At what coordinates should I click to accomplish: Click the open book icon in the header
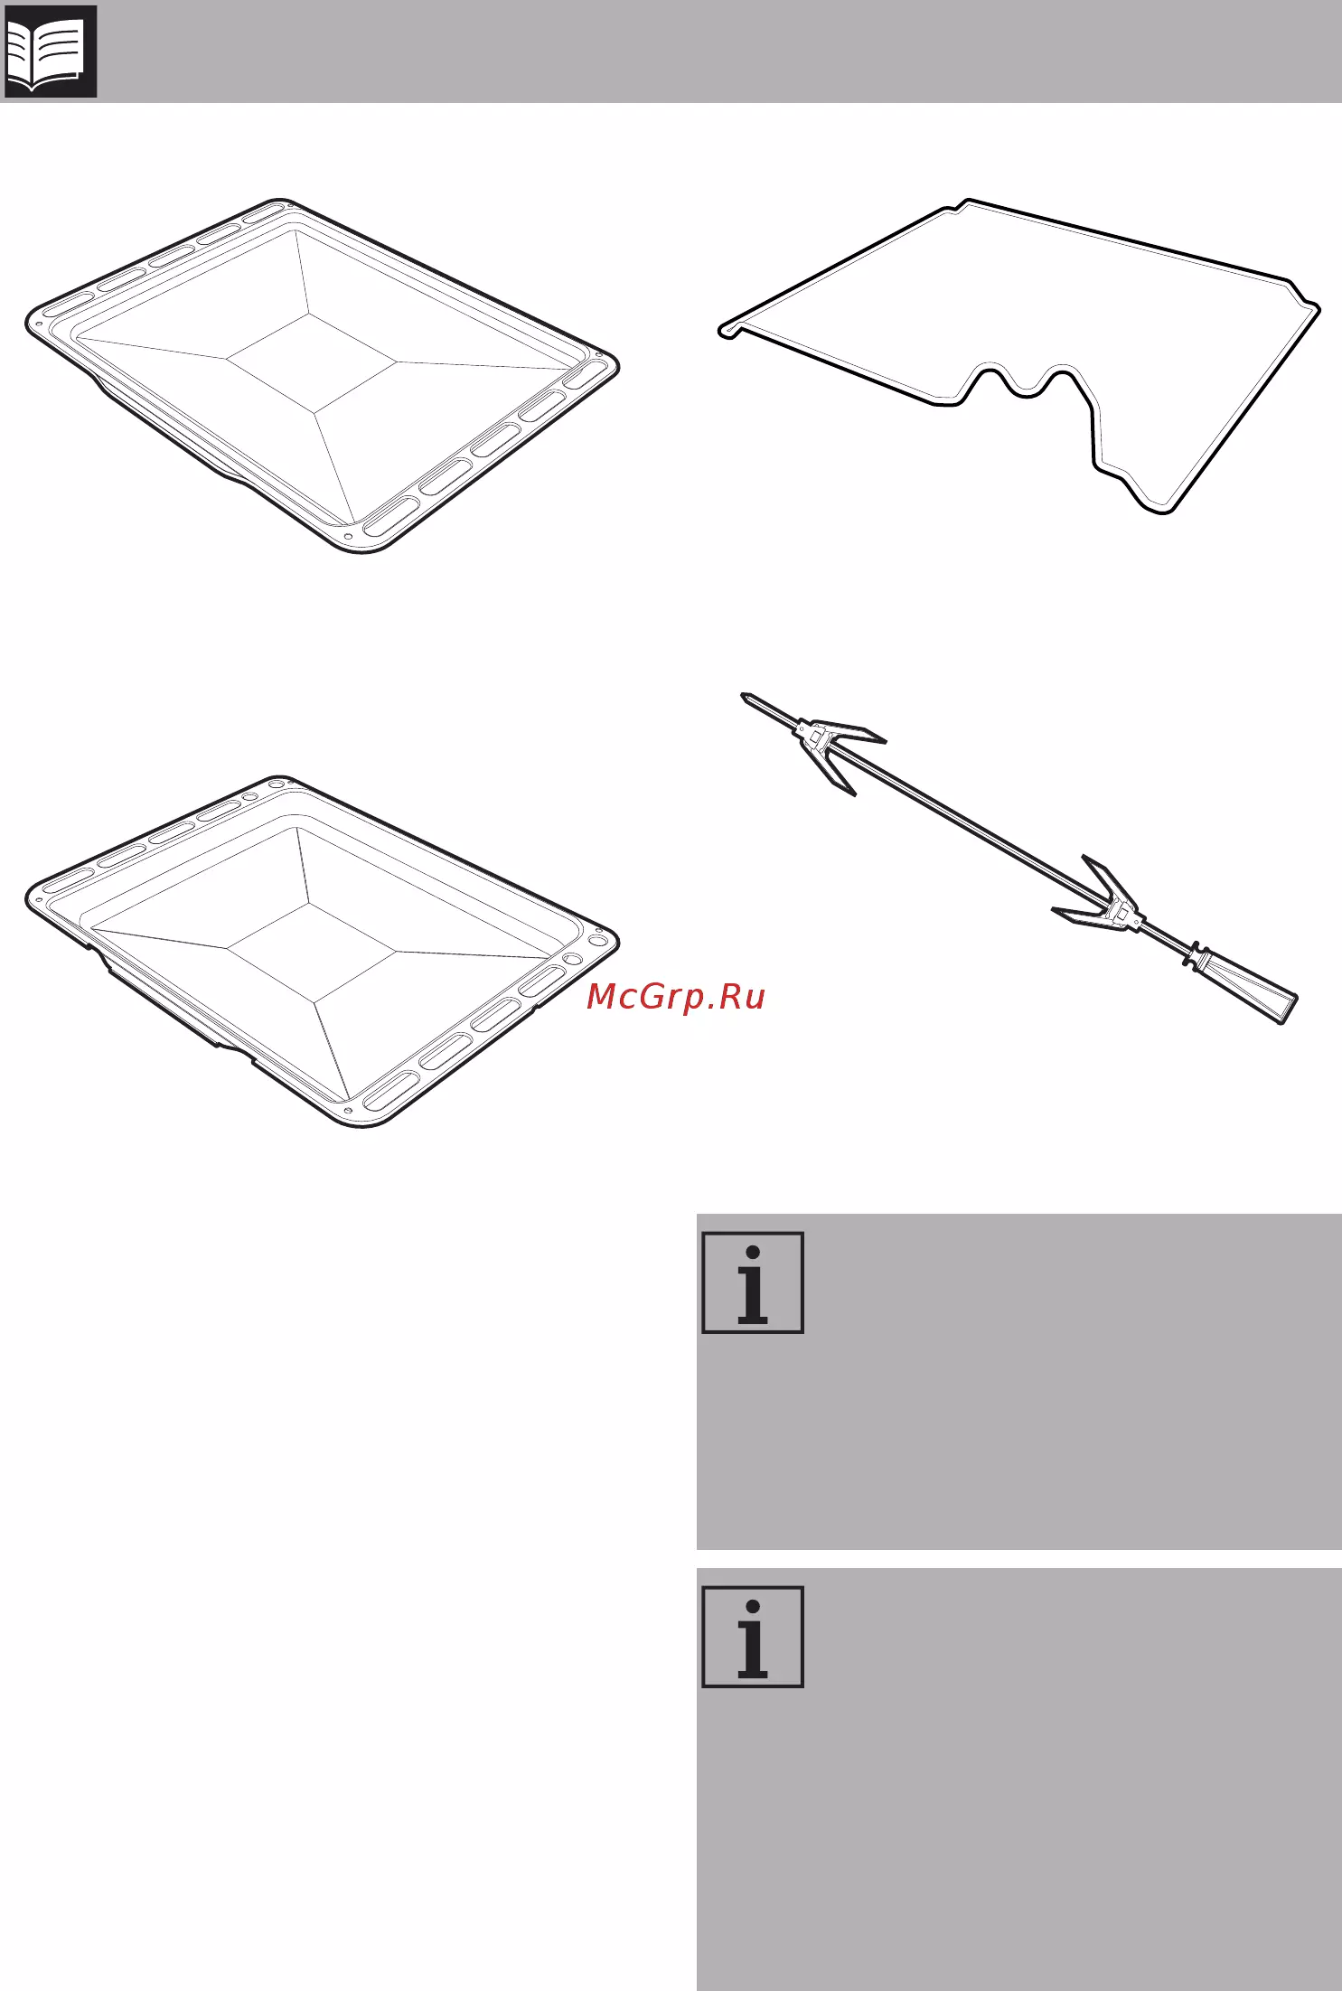tap(51, 51)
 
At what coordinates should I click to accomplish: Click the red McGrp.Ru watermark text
tap(676, 996)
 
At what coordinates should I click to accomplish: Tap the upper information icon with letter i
tap(753, 1282)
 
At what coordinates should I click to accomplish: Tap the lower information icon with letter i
tap(753, 1636)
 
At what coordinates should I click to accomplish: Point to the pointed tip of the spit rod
tap(744, 696)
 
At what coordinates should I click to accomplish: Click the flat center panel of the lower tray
tap(312, 952)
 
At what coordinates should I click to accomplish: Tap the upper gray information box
tap(1019, 1382)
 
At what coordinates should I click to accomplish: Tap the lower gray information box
tap(1019, 1779)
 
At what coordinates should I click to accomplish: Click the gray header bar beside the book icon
tap(719, 51)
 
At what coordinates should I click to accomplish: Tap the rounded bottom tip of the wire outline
tap(1160, 508)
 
